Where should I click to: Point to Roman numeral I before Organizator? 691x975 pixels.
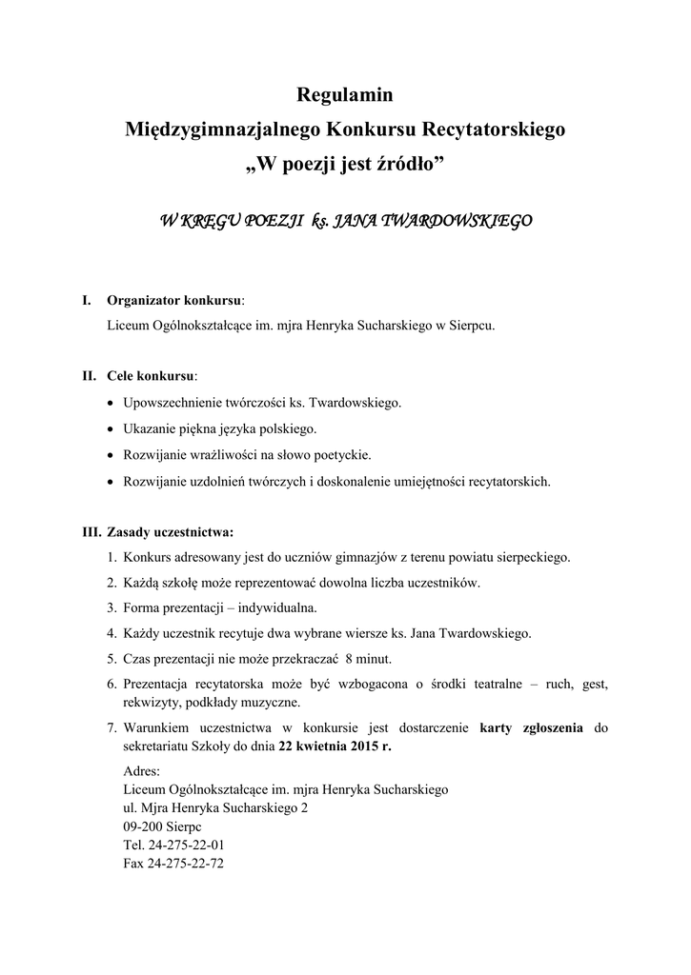(87, 301)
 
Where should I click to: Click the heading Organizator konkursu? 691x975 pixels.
(173, 301)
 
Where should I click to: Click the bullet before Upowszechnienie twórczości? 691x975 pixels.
(113, 403)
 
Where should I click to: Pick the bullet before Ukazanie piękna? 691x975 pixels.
(113, 429)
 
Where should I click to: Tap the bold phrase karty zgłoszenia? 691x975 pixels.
(532, 729)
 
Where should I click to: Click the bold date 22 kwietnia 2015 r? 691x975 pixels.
(335, 747)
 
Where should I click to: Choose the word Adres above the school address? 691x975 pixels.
(142, 771)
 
